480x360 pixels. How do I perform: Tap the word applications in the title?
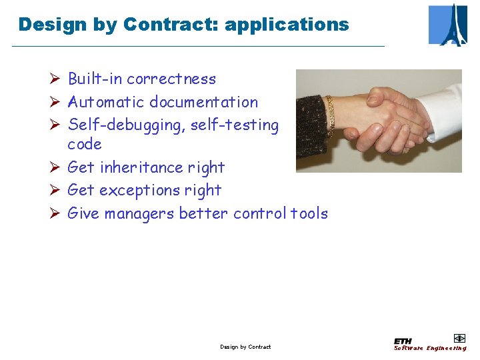(x=287, y=25)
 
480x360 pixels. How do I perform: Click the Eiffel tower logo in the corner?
(x=448, y=25)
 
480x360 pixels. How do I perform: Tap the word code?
(x=85, y=144)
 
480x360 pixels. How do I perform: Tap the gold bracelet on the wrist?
(x=329, y=113)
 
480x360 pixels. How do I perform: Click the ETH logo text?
(x=403, y=341)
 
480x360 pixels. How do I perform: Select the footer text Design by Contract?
(x=245, y=347)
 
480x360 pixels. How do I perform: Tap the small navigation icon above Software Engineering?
(x=459, y=338)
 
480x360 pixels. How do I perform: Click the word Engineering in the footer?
(x=447, y=348)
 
